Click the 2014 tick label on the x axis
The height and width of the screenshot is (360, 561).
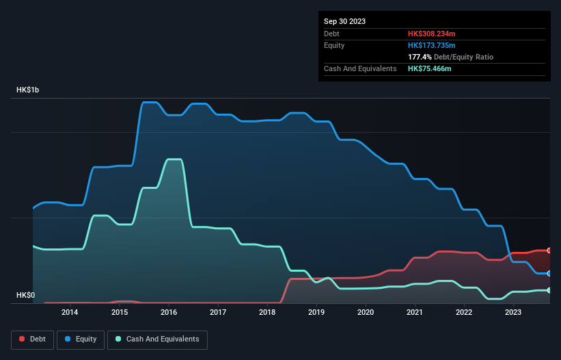(x=70, y=313)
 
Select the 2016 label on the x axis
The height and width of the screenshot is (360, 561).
(x=169, y=313)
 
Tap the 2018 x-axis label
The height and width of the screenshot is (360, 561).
(x=267, y=313)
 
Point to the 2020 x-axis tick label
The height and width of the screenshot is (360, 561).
(x=366, y=313)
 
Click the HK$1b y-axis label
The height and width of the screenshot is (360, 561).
(x=29, y=90)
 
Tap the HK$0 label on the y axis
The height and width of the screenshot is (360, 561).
(x=25, y=296)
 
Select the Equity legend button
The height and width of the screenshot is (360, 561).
(x=81, y=339)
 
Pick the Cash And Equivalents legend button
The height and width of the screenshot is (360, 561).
(x=157, y=339)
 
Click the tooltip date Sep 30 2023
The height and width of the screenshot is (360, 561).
(x=344, y=21)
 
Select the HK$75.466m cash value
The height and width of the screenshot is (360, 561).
(x=430, y=68)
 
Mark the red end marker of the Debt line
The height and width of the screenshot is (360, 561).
(x=549, y=250)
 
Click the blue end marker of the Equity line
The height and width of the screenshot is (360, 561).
(x=549, y=273)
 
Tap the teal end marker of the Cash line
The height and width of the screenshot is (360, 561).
(x=549, y=290)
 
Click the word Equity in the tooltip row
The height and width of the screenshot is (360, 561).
(x=334, y=45)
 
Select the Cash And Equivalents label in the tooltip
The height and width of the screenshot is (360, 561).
(x=360, y=68)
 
